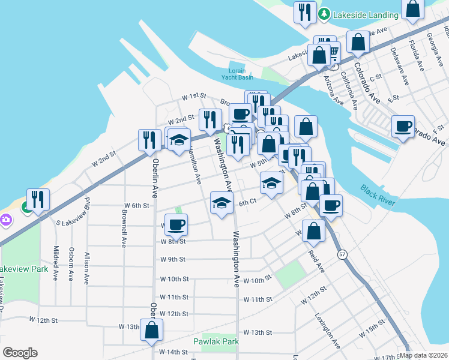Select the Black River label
(x=378, y=196)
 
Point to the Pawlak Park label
(x=216, y=341)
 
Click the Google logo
(x=20, y=353)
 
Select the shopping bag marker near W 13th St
(x=152, y=329)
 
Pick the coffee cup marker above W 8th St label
(x=176, y=225)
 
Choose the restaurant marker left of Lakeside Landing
(x=304, y=13)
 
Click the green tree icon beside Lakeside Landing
(x=324, y=14)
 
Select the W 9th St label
(x=173, y=260)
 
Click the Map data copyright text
(x=423, y=355)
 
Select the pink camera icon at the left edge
(x=5, y=220)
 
